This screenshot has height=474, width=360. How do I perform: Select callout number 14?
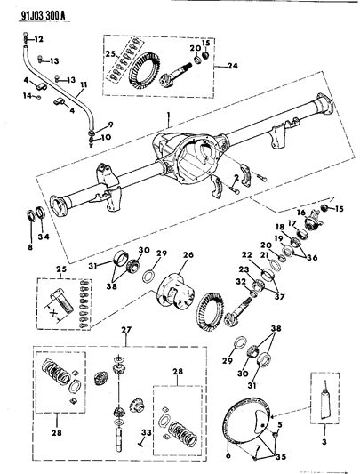28,94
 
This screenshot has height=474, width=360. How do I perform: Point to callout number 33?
147,433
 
